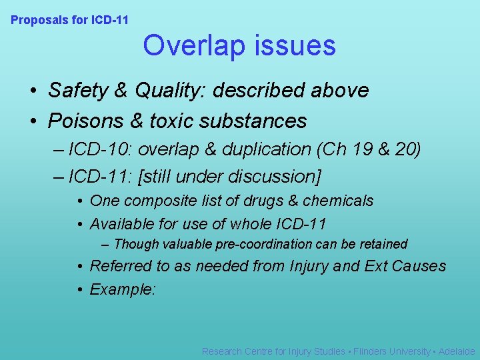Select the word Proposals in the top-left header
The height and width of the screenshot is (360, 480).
pyautogui.click(x=39, y=20)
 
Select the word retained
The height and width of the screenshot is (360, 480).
pyautogui.click(x=383, y=245)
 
